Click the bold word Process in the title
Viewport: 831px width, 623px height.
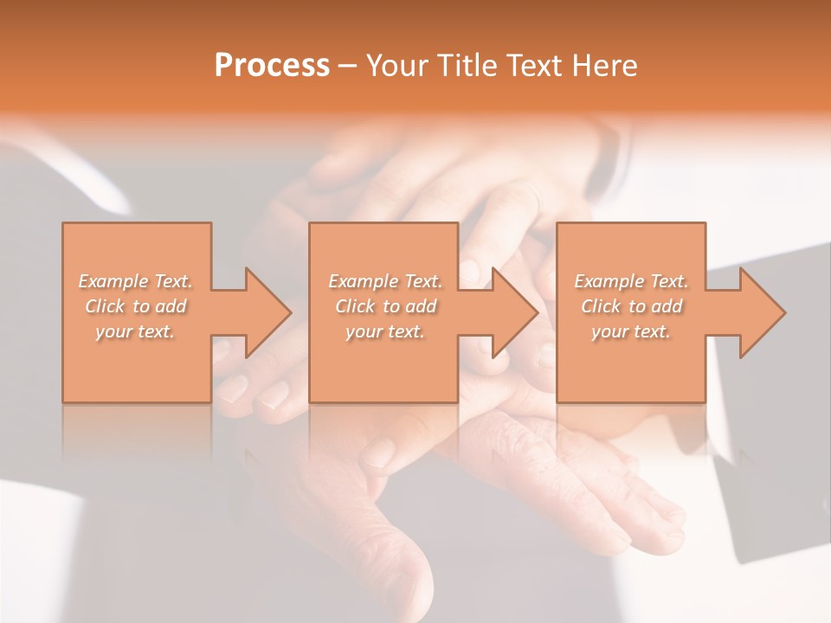272,66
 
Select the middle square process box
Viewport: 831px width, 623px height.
383,372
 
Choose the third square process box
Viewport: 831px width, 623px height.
630,372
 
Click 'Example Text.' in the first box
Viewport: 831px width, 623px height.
135,281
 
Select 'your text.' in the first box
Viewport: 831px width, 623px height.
135,331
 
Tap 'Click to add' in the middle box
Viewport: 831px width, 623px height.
385,306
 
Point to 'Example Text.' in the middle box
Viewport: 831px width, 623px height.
385,281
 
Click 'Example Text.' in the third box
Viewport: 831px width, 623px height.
631,281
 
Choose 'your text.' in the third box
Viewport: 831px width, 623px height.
631,331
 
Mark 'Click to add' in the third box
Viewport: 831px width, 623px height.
631,306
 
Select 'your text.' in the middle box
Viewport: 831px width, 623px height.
385,331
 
